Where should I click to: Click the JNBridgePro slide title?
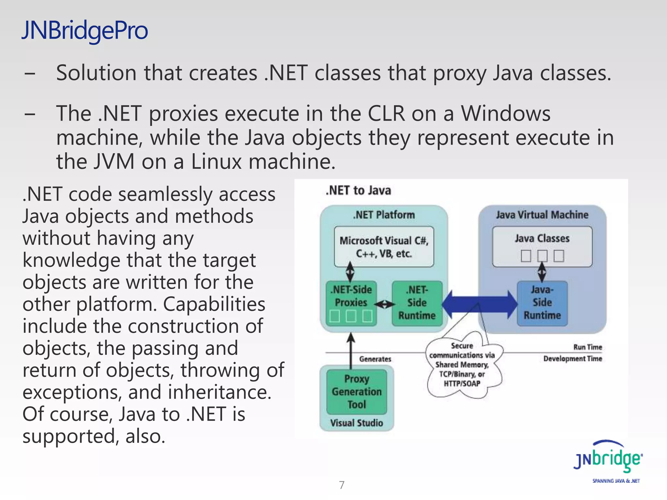pyautogui.click(x=85, y=30)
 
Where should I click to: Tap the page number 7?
pyautogui.click(x=341, y=485)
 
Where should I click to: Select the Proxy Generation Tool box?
pyautogui.click(x=357, y=392)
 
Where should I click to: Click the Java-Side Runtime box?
pyautogui.click(x=542, y=303)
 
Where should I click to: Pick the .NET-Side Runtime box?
pyautogui.click(x=417, y=303)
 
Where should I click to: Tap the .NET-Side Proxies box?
pyautogui.click(x=351, y=303)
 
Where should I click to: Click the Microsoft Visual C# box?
pyautogui.click(x=384, y=247)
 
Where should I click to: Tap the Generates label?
pyautogui.click(x=375, y=359)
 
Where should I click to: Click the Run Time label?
pyautogui.click(x=588, y=347)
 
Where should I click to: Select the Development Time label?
pyautogui.click(x=573, y=359)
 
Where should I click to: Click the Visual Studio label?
pyautogui.click(x=357, y=423)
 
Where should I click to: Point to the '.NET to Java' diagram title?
pyautogui.click(x=358, y=190)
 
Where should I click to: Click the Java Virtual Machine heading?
pyautogui.click(x=542, y=215)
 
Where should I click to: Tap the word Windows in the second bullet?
pyautogui.click(x=505, y=114)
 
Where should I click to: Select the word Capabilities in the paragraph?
pyautogui.click(x=214, y=304)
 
